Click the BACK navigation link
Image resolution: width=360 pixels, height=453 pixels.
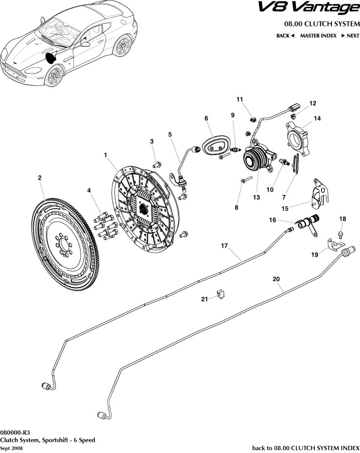285,36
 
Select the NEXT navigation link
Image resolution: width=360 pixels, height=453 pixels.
350,36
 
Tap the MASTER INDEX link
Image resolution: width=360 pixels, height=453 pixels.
318,36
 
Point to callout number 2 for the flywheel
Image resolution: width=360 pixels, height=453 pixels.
40,179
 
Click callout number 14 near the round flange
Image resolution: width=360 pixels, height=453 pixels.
317,119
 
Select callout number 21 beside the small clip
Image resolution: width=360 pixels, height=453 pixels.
205,299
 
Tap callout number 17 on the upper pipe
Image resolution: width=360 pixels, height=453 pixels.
224,247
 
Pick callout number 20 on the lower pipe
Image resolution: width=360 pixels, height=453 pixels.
276,279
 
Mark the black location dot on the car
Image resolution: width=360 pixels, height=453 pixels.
50,57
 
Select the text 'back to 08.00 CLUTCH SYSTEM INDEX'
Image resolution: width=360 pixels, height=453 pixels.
305,448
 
